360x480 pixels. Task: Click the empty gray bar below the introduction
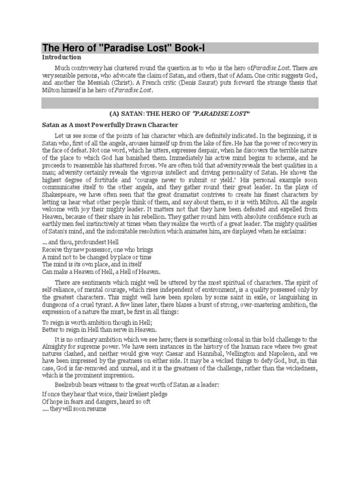(x=180, y=103)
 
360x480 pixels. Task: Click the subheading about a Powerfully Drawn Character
(x=110, y=125)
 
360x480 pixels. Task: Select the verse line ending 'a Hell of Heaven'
(x=101, y=272)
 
